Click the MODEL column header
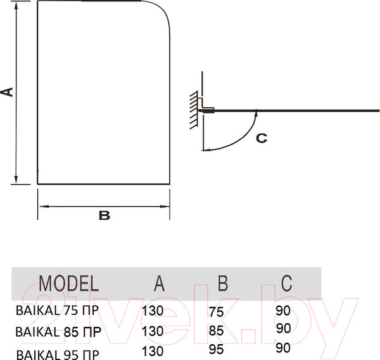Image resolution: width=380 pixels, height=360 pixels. [x=69, y=283]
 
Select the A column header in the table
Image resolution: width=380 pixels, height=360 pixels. [x=159, y=283]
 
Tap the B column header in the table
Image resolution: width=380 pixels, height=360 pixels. [x=223, y=283]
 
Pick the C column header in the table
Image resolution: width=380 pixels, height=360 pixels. [x=286, y=283]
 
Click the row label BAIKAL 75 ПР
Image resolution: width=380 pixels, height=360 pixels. [x=57, y=311]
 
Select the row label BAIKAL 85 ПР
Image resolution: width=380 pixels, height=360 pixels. [x=58, y=331]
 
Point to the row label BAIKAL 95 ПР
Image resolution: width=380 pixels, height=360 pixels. [x=58, y=354]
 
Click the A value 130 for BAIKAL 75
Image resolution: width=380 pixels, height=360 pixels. [x=153, y=311]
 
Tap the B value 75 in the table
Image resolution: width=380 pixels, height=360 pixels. [x=216, y=312]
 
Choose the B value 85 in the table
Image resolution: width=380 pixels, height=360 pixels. [x=216, y=331]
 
